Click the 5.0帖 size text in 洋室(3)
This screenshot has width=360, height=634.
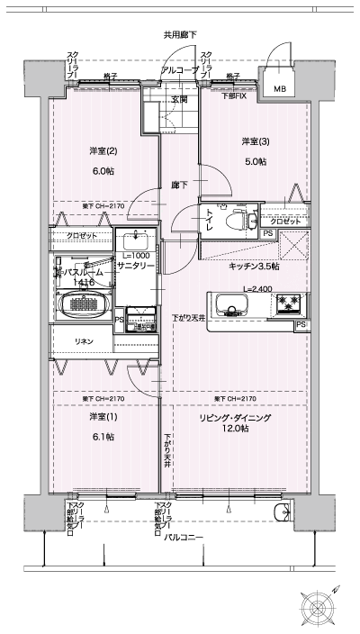tap(254, 161)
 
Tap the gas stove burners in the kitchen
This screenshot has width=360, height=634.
tap(287, 302)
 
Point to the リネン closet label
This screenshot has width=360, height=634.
tap(83, 341)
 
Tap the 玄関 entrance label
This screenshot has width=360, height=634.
tap(180, 100)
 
